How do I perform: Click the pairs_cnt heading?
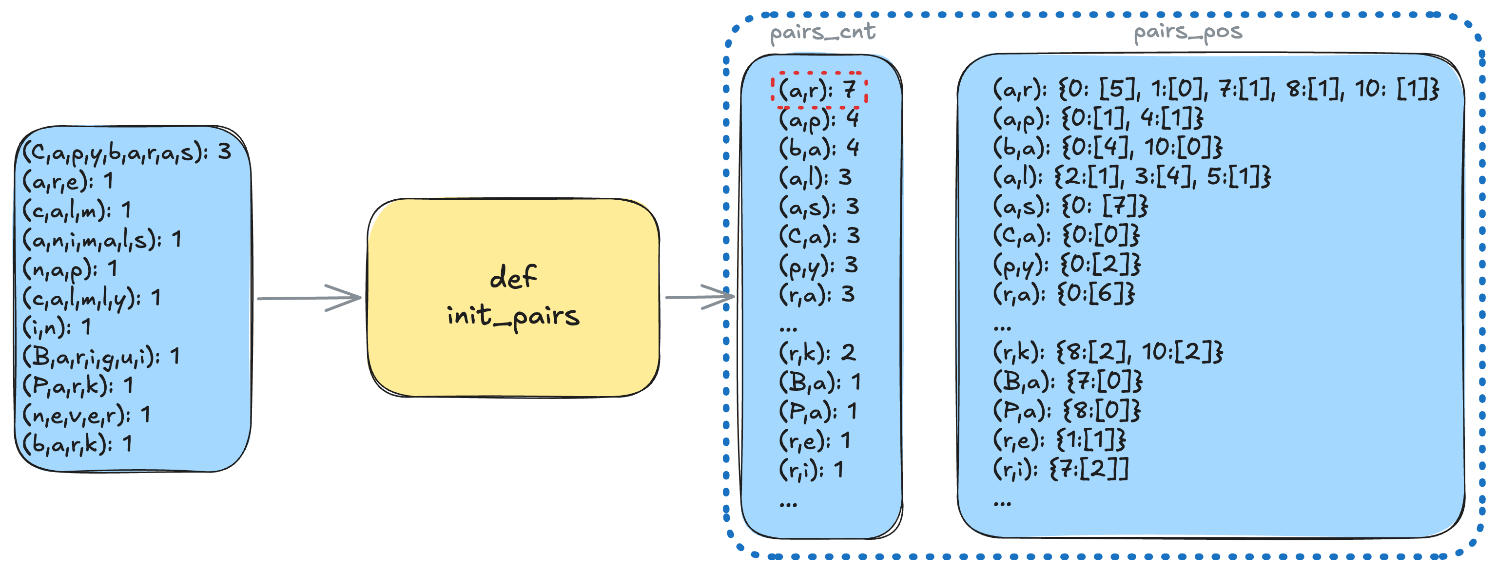coord(822,33)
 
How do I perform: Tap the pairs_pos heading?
coord(1187,33)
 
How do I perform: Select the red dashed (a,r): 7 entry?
coord(819,90)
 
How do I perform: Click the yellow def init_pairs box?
coord(513,297)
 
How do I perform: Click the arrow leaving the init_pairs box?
coord(700,297)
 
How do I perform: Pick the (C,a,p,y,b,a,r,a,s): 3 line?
coord(127,152)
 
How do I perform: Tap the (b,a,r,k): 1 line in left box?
coord(78,444)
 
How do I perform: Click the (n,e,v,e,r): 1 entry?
coord(86,415)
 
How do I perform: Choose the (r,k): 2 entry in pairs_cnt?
coord(817,353)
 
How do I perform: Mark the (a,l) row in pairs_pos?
coord(1131,176)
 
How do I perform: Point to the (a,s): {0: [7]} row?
coord(1070,206)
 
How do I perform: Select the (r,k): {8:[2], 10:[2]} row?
coord(1107,352)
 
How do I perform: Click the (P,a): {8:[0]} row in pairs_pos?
coord(1067,411)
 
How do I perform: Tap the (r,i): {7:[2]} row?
coord(1061,469)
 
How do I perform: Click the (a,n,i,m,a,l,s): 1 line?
coord(102,239)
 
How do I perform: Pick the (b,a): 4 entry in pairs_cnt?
coord(819,148)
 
